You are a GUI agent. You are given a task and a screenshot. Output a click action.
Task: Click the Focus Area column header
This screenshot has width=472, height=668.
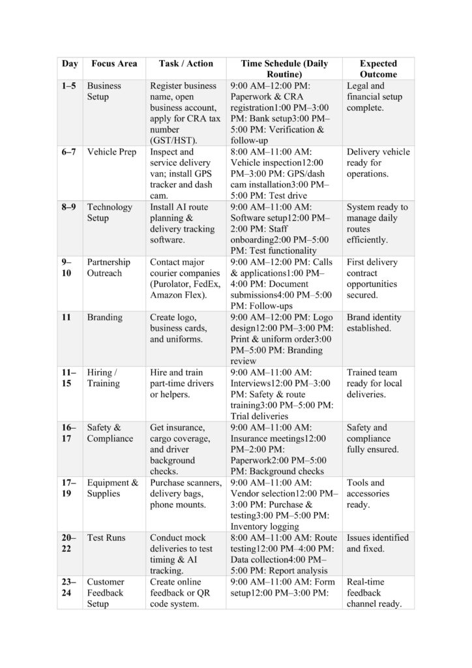114,64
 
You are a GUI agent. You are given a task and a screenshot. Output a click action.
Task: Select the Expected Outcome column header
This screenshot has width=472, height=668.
378,69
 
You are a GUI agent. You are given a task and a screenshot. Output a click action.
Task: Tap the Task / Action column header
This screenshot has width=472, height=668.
186,64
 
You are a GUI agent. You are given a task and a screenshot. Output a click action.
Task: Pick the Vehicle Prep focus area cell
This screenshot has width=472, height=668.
111,152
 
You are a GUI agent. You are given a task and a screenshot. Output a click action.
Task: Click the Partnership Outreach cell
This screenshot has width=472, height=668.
109,267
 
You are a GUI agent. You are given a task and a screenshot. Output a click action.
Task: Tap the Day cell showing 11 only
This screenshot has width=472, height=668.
67,318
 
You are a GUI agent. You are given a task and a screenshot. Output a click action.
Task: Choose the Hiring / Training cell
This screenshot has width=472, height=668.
104,378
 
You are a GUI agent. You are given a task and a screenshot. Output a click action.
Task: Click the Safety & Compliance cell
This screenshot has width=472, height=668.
110,433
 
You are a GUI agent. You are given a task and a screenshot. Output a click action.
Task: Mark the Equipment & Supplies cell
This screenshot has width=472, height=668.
113,488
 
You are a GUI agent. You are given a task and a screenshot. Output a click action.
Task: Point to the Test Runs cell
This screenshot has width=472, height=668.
106,538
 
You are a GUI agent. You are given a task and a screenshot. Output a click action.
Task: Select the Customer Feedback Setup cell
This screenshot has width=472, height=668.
106,592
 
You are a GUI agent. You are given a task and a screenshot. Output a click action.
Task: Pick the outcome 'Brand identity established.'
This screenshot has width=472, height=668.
374,323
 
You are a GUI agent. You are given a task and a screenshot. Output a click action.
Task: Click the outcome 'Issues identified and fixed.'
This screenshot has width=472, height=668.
377,543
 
